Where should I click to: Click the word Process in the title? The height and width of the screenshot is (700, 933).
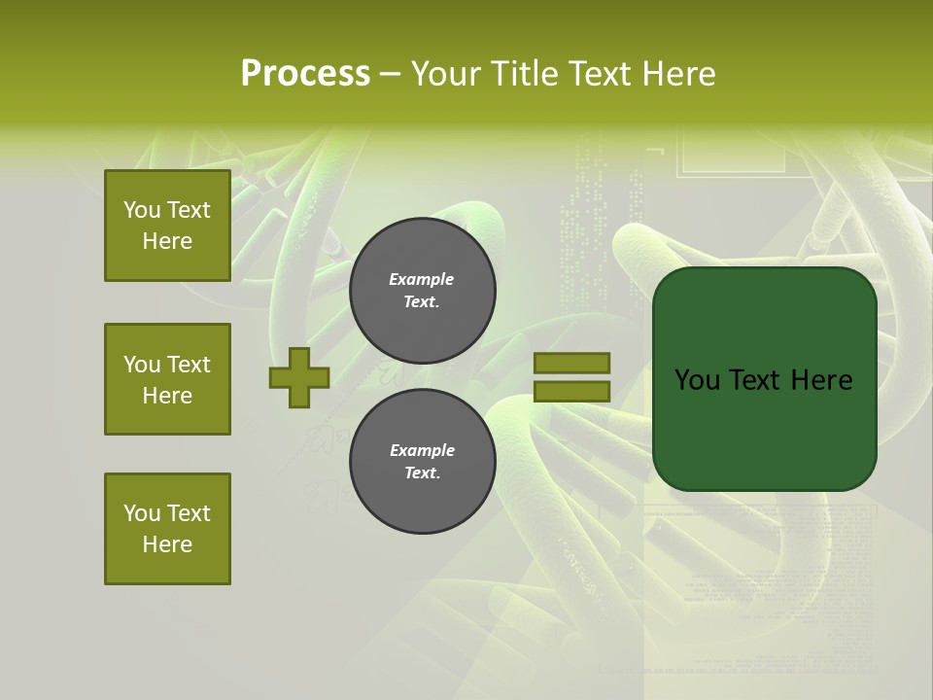tap(305, 74)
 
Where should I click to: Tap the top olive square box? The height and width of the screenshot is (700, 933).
tap(167, 226)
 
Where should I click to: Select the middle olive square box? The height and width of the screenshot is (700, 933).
tap(167, 379)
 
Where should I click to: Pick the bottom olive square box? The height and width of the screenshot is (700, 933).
tap(167, 529)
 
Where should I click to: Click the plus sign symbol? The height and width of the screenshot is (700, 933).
tap(299, 377)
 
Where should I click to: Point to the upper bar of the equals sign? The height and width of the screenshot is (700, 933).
tap(571, 363)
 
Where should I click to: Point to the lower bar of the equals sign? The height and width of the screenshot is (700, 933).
tap(571, 391)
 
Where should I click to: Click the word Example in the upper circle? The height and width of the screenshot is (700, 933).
tap(422, 279)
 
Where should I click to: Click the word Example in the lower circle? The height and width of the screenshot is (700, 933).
tap(422, 450)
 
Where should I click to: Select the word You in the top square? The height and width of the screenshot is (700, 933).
tap(142, 210)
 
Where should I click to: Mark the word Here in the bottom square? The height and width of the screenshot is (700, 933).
tap(167, 544)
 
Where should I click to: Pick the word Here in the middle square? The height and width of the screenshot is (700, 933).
tap(167, 396)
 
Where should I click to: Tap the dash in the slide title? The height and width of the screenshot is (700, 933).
tap(390, 74)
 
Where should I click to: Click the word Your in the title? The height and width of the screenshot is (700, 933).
tap(448, 74)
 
